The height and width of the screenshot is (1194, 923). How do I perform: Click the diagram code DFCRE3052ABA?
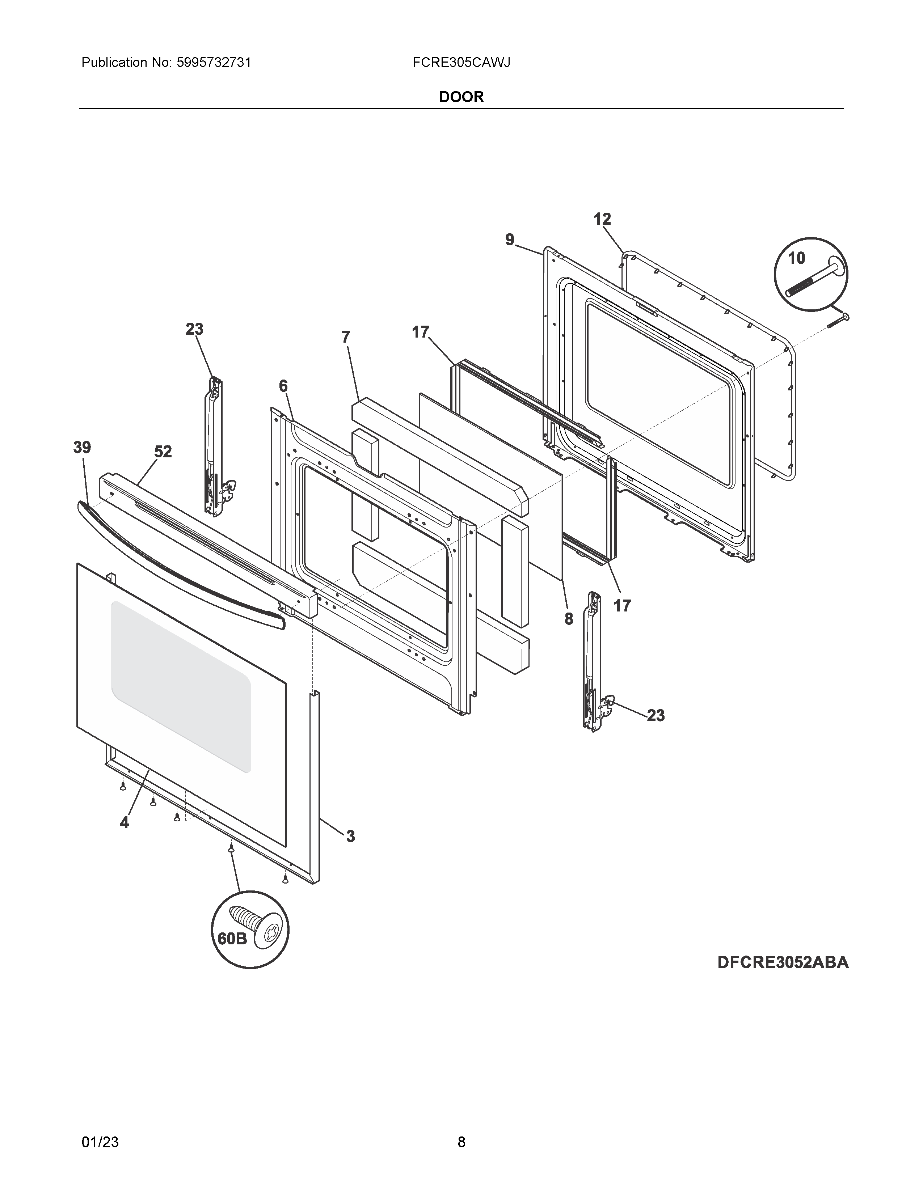783,962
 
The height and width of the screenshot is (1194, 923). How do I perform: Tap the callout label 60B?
232,938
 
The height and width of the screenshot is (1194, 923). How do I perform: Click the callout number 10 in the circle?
796,258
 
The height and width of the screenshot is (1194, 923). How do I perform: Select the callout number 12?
602,219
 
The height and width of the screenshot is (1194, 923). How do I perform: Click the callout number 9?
510,240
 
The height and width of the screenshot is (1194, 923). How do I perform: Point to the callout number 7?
346,337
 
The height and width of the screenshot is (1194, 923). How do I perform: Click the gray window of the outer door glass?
181,683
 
